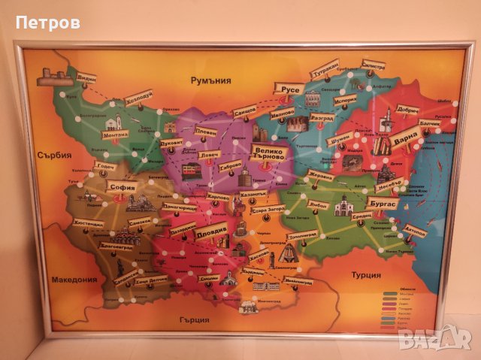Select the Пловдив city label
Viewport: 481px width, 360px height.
(210, 233)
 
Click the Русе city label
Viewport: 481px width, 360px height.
(290, 89)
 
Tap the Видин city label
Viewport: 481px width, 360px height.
(87, 79)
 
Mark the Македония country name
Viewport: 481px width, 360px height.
(74, 280)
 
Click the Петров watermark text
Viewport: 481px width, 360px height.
(47, 23)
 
